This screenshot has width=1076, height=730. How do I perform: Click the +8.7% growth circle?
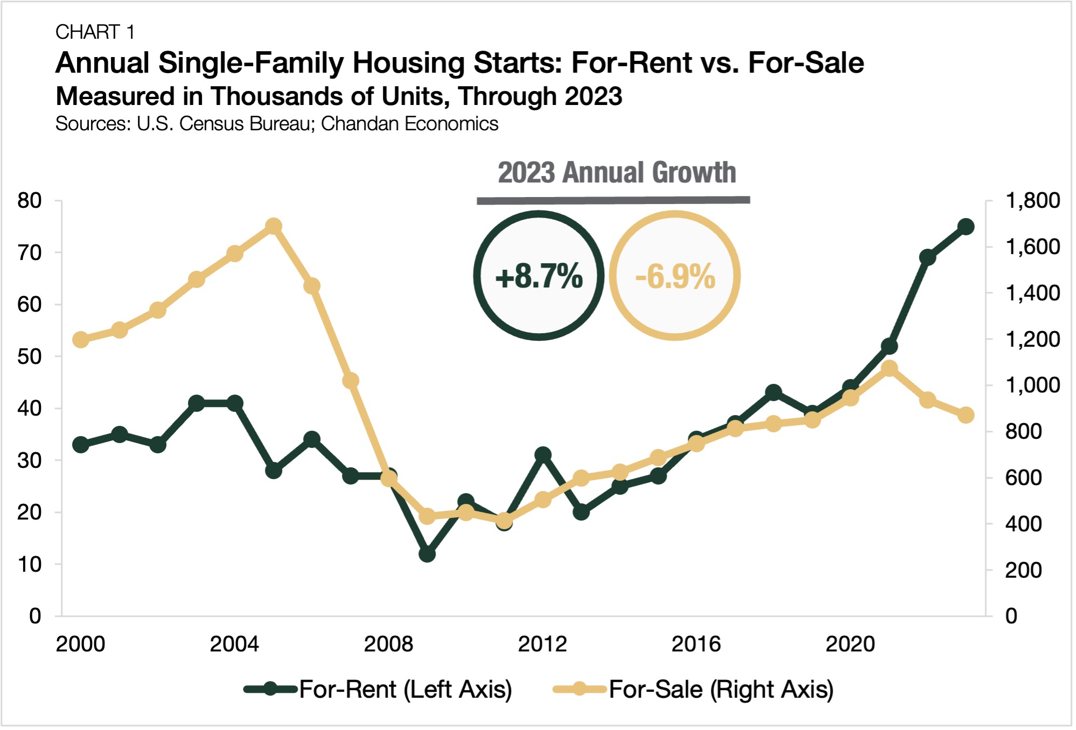(539, 276)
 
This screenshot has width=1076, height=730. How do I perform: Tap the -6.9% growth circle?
(675, 276)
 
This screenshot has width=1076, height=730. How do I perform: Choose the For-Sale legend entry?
(694, 690)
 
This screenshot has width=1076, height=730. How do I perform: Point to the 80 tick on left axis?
(30, 201)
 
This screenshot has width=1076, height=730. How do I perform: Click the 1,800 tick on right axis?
(1032, 201)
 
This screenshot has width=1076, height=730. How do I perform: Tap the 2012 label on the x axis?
(542, 644)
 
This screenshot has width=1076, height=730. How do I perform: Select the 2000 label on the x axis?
(80, 644)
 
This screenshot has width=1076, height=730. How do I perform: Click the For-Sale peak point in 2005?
(274, 226)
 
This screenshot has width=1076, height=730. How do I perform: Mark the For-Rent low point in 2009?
(427, 553)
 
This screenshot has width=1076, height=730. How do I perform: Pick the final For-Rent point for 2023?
(966, 227)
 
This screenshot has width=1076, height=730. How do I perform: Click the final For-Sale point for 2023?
(966, 415)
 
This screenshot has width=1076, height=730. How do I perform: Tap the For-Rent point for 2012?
(543, 455)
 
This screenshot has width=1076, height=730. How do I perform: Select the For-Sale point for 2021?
(889, 369)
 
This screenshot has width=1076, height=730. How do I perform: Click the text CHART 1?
(95, 32)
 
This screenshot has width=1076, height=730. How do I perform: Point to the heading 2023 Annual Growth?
(617, 173)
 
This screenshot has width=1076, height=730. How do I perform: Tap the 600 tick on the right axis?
(1023, 478)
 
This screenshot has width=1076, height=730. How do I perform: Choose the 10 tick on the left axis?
(30, 565)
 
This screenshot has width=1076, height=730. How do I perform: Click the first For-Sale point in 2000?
(81, 340)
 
